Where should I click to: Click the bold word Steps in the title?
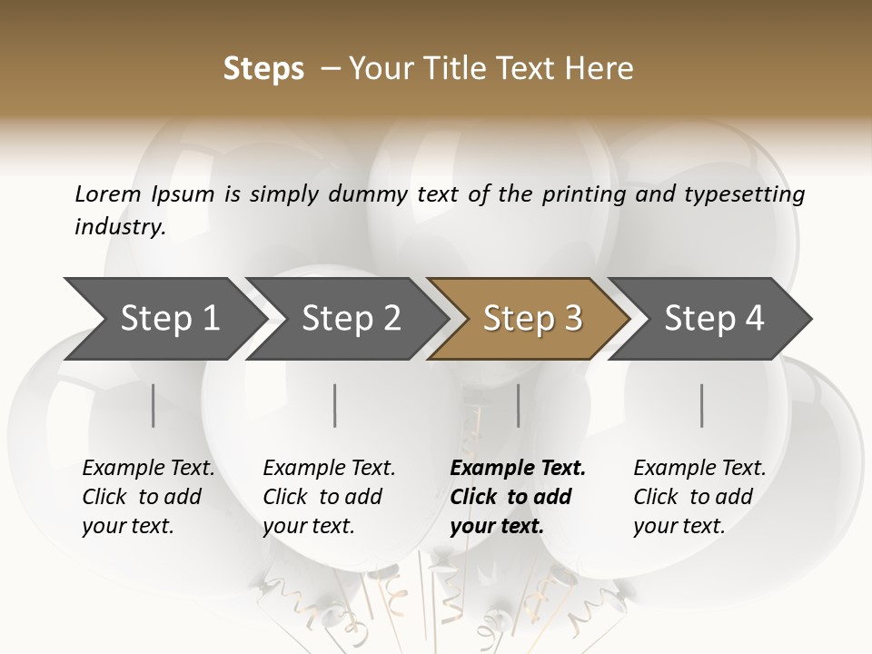coord(263,69)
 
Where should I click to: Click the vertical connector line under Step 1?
coord(154,405)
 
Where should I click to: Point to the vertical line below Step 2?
coord(335,405)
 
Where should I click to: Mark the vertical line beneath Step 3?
coord(519,405)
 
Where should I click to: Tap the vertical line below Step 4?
coord(702,405)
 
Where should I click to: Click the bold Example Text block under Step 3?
coord(518,497)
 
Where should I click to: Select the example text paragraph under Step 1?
coord(148,497)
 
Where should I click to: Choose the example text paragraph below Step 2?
coord(329,497)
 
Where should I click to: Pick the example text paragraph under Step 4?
coord(699,497)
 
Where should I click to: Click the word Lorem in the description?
coord(108,193)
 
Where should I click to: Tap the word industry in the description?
coord(119,227)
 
